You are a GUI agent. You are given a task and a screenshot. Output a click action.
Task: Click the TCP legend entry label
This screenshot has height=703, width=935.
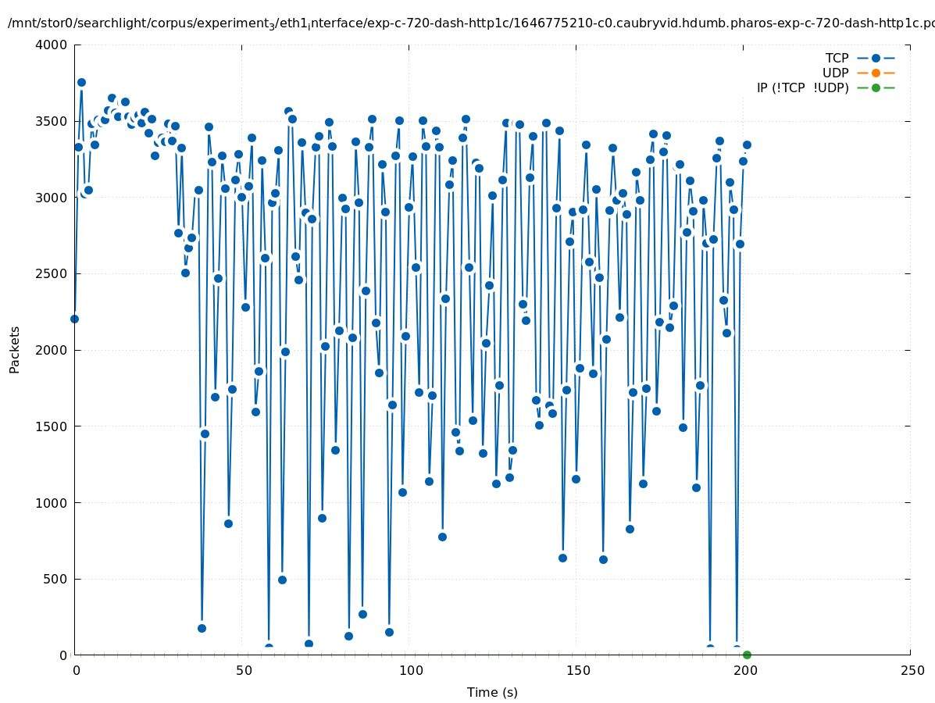coord(837,58)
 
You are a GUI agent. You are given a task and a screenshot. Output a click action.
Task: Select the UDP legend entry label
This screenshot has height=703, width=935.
coord(835,73)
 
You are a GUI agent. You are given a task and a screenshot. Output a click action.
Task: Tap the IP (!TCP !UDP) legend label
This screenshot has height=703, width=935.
coord(802,87)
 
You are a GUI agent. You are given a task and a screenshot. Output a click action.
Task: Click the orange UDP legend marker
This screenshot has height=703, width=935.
coord(876,73)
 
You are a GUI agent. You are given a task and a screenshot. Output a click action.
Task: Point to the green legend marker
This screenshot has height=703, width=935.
coord(876,87)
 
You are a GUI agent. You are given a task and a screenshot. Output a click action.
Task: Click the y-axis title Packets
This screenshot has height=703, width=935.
coord(15,349)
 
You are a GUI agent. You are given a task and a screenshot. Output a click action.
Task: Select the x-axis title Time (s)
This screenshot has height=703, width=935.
coord(492,692)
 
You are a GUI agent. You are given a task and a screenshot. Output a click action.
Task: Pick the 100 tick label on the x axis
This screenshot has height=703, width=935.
coord(409,670)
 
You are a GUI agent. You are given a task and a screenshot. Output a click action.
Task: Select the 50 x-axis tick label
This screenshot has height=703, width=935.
coord(243,670)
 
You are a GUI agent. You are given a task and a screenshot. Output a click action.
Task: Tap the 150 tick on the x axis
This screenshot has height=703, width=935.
coord(576,670)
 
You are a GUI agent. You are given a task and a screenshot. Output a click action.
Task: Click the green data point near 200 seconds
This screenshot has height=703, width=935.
coord(747,655)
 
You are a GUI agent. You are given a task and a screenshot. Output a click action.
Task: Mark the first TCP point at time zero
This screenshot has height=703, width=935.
coord(74,319)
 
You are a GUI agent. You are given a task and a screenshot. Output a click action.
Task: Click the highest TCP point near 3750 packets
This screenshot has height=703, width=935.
coord(81,82)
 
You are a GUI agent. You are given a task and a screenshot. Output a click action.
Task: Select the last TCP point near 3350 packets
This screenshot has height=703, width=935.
coord(747,145)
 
